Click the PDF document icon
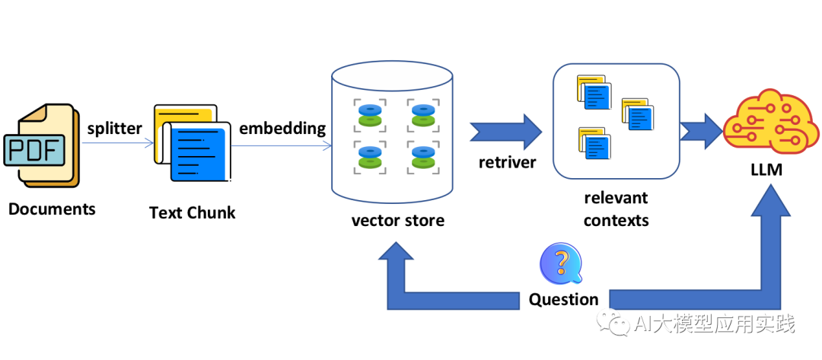click(41, 145)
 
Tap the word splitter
click(115, 129)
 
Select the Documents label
click(52, 209)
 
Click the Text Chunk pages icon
click(193, 142)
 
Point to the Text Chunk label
click(193, 213)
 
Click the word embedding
click(282, 129)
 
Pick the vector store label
click(397, 219)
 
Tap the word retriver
click(507, 162)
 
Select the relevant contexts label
click(616, 209)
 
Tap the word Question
click(563, 300)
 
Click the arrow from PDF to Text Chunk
click(118, 143)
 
